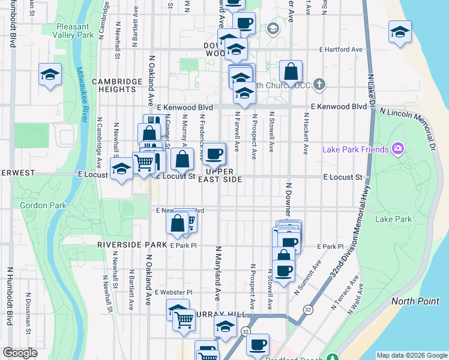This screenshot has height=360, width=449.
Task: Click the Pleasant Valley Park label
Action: (x=76, y=31)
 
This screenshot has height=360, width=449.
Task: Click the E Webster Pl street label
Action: (x=173, y=292)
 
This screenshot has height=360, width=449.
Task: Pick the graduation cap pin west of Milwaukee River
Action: (x=50, y=74)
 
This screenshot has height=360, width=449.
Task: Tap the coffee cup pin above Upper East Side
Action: (x=214, y=155)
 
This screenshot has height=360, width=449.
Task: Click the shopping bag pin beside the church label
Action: (x=291, y=72)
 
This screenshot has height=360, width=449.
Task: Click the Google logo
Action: (x=20, y=353)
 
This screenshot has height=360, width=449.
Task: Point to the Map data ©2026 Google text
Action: (x=411, y=355)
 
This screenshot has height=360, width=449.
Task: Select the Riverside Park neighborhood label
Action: (x=132, y=245)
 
